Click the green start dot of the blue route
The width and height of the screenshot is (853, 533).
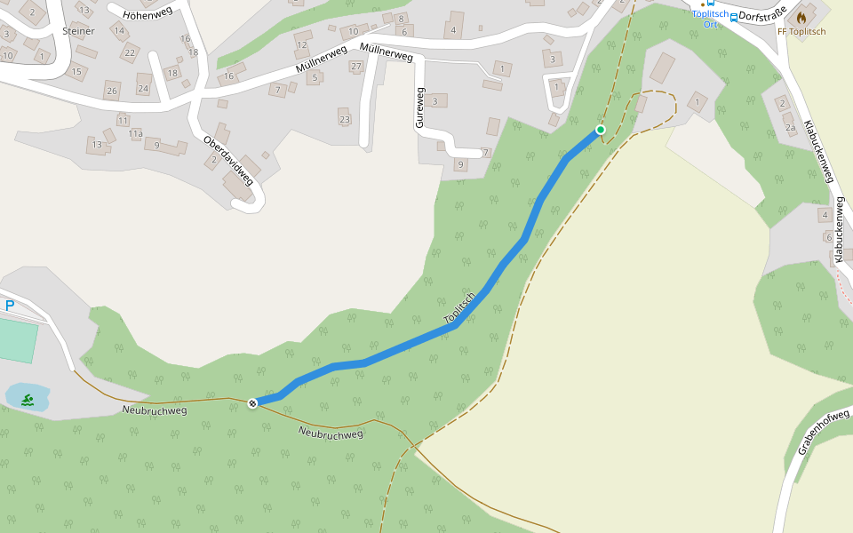coord(601,131)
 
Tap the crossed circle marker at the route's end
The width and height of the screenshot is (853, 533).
coord(253,404)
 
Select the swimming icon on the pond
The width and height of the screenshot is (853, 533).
coord(28,400)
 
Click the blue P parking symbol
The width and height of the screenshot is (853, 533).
coord(10,306)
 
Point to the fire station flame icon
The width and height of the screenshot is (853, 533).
coord(801,17)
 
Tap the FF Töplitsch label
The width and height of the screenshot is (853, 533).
coord(801,32)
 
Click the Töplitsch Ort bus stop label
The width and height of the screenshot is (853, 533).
coord(710,20)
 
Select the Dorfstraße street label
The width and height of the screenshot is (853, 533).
coord(763,15)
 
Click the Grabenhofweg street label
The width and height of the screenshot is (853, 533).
coord(817,426)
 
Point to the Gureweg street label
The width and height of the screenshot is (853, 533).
coord(420,107)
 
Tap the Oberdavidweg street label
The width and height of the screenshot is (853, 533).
coord(228,161)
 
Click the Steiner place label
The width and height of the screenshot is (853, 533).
coord(78,30)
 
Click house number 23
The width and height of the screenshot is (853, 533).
coord(345,120)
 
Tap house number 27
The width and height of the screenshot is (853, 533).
coord(356,67)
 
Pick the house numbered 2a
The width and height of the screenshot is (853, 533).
coord(790,127)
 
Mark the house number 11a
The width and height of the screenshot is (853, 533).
coord(135,134)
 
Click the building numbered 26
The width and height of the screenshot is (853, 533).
coord(111,91)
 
